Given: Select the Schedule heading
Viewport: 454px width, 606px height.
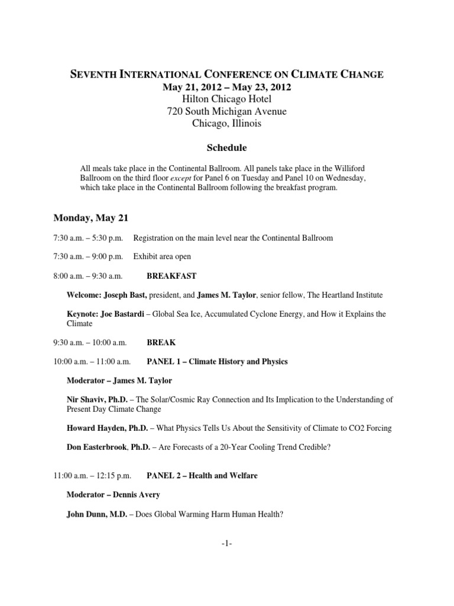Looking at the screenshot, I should coord(227,147).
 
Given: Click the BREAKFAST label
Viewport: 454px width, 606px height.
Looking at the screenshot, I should coord(171,276).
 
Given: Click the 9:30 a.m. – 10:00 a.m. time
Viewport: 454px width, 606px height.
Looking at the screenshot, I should coord(87,342).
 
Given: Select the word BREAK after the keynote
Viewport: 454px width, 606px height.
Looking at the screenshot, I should coord(161,342).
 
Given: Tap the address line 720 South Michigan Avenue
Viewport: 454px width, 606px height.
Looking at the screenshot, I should coord(227,111).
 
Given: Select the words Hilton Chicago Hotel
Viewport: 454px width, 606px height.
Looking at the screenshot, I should coord(227,99).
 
